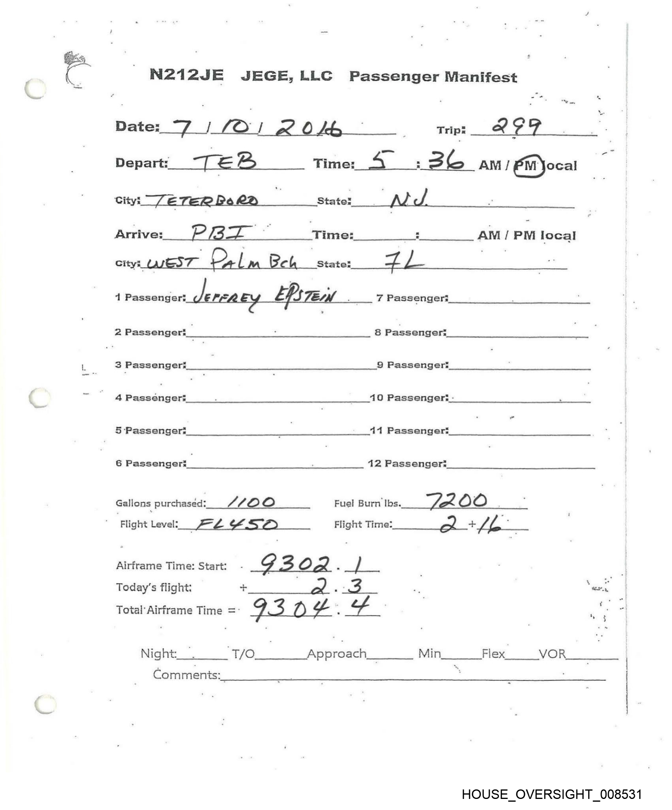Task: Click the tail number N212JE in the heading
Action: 187,75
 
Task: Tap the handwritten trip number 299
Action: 516,127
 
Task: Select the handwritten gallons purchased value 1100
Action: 251,502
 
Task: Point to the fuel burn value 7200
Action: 457,501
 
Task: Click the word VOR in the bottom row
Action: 552,654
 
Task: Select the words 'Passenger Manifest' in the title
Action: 433,76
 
